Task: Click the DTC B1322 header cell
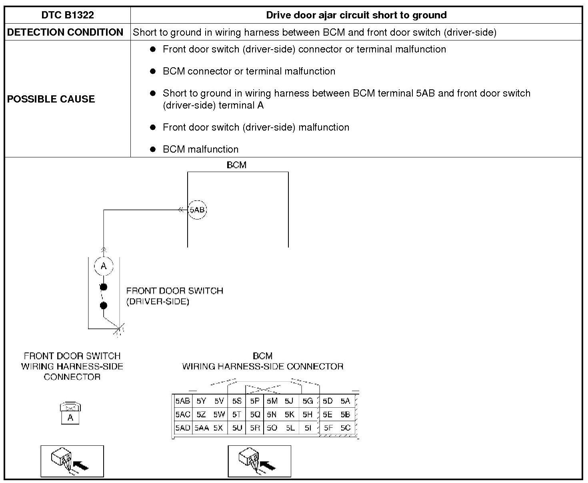click(68, 15)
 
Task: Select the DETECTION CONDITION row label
click(65, 32)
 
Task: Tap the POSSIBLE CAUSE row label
click(51, 99)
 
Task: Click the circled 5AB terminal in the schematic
click(197, 210)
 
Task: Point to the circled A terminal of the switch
click(104, 266)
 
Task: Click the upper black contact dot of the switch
click(104, 287)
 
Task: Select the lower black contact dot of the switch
click(104, 306)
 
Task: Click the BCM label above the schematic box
click(236, 165)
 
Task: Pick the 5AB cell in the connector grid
click(182, 401)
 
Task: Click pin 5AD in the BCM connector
click(182, 428)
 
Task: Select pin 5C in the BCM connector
click(345, 428)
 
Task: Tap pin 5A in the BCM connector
click(345, 401)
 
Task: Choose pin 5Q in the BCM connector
click(255, 415)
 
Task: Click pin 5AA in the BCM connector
click(202, 428)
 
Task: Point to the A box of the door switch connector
click(70, 418)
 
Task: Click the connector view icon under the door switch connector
click(72, 461)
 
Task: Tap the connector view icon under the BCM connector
click(259, 461)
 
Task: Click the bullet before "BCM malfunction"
click(152, 149)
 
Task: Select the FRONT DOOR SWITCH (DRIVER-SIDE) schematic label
click(174, 296)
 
